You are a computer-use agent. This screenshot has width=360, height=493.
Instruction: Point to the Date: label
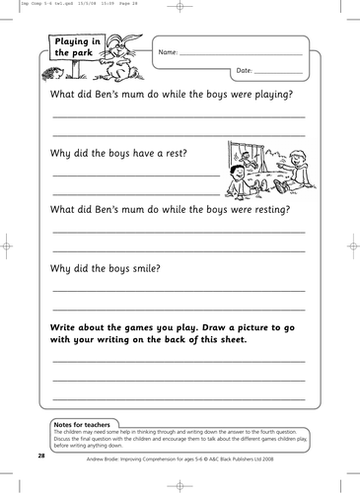[x=246, y=72]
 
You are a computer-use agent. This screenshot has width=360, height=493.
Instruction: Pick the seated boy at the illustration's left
[x=238, y=178]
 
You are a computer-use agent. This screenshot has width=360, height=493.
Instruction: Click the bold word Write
[x=65, y=325]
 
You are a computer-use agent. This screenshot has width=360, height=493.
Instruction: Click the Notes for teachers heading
[x=82, y=424]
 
